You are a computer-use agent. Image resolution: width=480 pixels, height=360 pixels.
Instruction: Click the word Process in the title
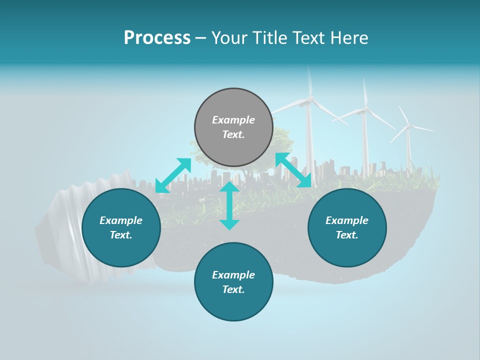coord(157,38)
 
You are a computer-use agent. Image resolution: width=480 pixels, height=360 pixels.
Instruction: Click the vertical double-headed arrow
coord(229,205)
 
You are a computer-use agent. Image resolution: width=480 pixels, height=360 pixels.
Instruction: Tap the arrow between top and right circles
coord(293,170)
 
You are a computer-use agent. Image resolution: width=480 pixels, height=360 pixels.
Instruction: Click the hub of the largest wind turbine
coord(309,99)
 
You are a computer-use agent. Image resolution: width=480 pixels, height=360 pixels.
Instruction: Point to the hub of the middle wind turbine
coord(365,108)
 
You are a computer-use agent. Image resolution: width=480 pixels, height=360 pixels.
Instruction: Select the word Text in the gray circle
coord(233,134)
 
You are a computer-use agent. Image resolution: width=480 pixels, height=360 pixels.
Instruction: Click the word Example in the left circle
coord(121,220)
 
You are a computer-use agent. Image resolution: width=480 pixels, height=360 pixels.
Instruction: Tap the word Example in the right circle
coord(347,220)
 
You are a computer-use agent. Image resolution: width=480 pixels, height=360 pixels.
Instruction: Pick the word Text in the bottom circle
coord(233,289)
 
